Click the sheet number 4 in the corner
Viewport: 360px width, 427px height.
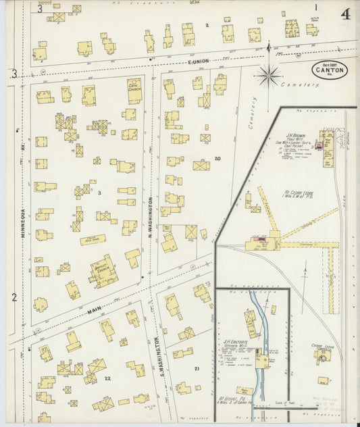(345, 14)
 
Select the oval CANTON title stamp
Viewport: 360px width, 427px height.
(329, 68)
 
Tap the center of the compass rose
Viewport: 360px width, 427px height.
(269, 74)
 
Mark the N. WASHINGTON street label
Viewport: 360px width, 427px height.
(150, 216)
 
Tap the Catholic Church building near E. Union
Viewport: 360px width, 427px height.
(134, 91)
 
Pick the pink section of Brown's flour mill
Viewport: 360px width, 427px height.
(328, 144)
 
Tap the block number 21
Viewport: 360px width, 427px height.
(197, 368)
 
